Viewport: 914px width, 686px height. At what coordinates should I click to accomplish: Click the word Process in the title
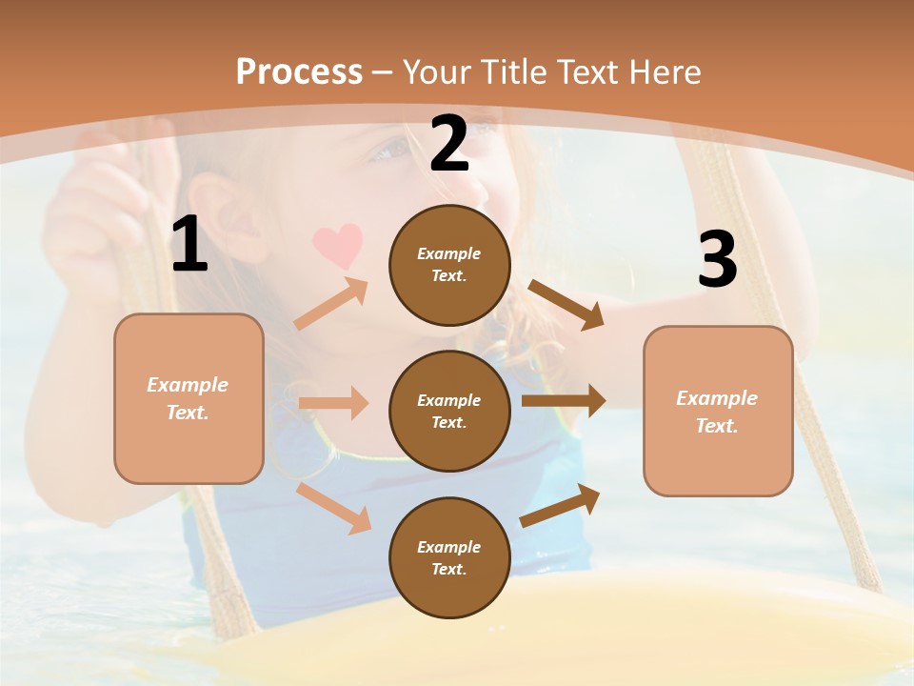[x=299, y=71]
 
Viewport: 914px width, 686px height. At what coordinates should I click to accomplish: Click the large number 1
[x=189, y=245]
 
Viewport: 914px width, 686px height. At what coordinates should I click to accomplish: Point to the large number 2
[x=449, y=145]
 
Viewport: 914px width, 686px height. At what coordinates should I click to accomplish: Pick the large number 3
[x=717, y=259]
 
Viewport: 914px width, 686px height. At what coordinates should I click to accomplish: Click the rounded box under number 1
[x=189, y=398]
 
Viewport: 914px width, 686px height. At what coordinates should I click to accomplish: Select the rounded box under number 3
[x=718, y=412]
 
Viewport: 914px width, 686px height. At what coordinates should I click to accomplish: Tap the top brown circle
[x=449, y=265]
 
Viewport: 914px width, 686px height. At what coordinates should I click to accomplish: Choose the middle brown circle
[x=449, y=411]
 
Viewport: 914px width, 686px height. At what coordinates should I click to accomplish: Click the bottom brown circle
[x=449, y=557]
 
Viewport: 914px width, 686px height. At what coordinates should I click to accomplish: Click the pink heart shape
[x=338, y=245]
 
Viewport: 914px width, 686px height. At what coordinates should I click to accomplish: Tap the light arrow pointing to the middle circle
[x=333, y=403]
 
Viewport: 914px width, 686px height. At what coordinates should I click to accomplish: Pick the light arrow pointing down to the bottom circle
[x=334, y=509]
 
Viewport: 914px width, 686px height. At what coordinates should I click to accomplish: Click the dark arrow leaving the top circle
[x=566, y=305]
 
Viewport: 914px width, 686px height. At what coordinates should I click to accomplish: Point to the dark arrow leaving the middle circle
[x=564, y=401]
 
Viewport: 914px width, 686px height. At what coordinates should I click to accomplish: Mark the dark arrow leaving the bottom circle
[x=561, y=505]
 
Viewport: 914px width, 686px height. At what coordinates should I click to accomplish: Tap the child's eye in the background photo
[x=390, y=151]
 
